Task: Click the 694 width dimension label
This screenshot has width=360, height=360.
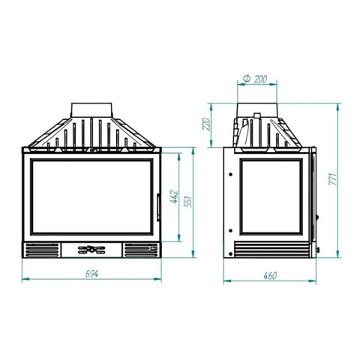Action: point(91,274)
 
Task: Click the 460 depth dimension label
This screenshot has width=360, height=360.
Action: point(270,276)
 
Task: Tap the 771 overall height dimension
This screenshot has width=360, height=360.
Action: point(333,178)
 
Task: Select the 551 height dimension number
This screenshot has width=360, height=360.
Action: point(188,202)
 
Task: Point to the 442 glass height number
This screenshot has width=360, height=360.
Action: point(174,197)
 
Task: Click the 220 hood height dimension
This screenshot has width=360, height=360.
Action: point(206,124)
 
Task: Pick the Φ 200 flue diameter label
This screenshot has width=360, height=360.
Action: point(255,79)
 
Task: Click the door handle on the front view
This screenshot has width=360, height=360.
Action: point(158,207)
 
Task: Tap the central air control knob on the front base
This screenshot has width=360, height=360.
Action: point(91,250)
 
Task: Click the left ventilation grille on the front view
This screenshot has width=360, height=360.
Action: point(42,250)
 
